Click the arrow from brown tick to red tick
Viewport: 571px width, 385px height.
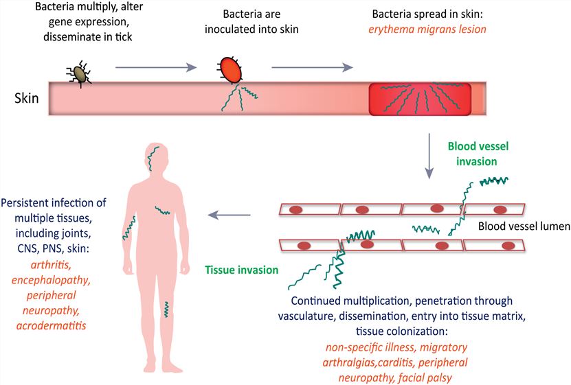(157, 67)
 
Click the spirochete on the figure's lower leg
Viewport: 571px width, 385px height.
(166, 310)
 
